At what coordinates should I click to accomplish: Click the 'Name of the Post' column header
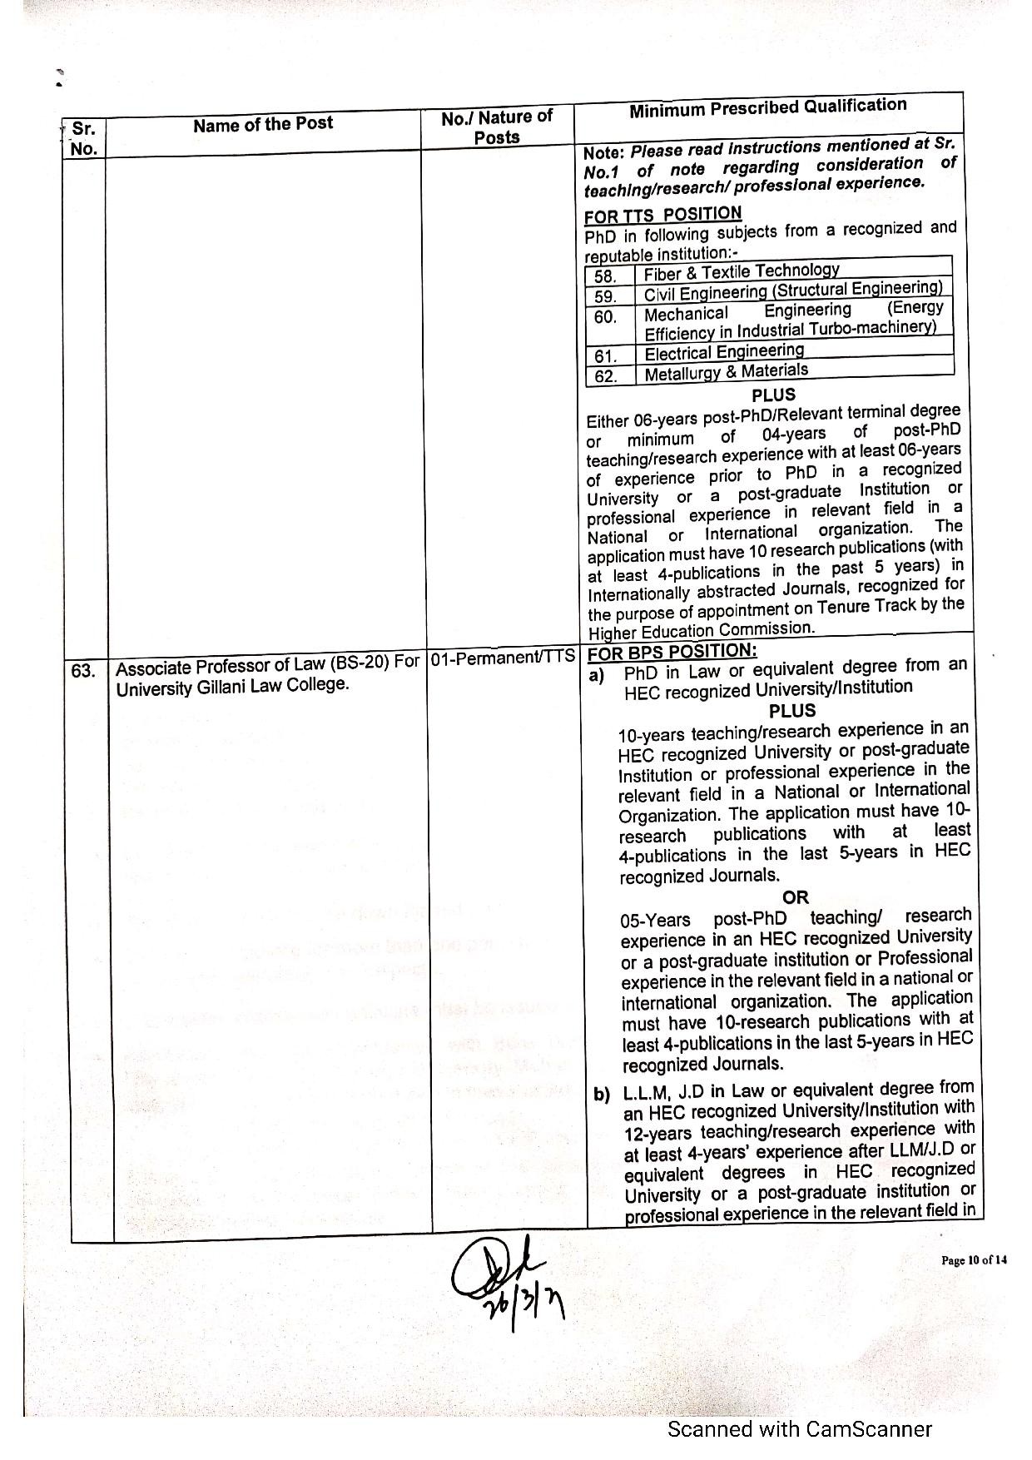click(262, 124)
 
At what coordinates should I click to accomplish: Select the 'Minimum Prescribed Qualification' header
click(767, 108)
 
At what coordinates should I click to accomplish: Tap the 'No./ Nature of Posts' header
click(497, 127)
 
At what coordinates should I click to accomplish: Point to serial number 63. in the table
click(83, 670)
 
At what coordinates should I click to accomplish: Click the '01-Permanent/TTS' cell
click(504, 657)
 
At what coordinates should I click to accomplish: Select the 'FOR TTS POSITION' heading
click(662, 215)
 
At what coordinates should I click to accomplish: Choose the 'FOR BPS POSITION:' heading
click(672, 652)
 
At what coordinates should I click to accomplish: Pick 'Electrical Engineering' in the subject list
click(724, 352)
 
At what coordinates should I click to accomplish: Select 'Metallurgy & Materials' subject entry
click(726, 371)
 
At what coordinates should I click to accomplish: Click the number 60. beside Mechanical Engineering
click(605, 317)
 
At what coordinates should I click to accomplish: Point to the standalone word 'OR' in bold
click(796, 897)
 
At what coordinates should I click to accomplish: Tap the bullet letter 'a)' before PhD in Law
click(597, 674)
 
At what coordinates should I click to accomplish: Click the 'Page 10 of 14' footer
click(974, 1259)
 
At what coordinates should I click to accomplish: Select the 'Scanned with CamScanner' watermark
click(800, 1429)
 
